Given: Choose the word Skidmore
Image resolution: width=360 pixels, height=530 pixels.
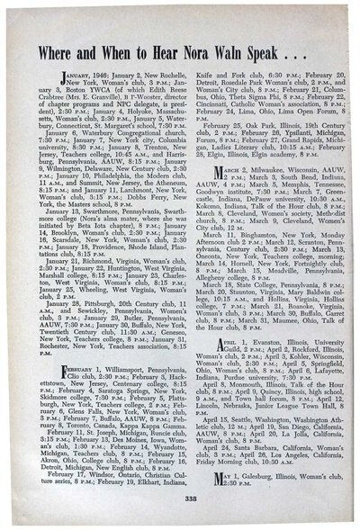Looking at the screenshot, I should click(x=60, y=395).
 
